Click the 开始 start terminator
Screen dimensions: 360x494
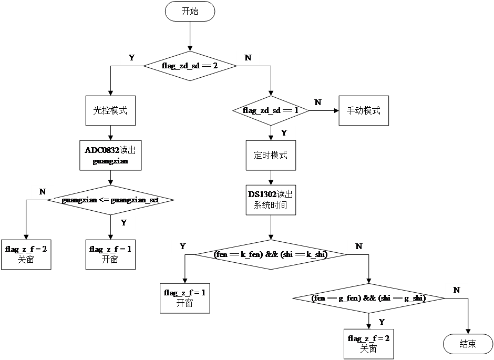coord(190,12)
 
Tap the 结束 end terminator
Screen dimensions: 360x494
coord(468,344)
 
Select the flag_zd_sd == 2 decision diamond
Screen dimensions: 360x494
coord(190,66)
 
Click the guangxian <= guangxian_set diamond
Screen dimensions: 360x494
coord(110,200)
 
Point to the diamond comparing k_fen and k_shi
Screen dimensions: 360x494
coord(271,255)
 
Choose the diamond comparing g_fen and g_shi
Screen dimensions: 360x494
coord(368,299)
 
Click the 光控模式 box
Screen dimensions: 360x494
coord(110,110)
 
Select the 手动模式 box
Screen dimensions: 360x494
coord(364,110)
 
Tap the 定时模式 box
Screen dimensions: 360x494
coord(271,155)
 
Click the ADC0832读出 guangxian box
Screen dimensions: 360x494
coord(110,156)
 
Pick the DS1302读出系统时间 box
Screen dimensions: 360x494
coord(271,200)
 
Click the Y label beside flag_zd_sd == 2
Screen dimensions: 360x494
coord(131,58)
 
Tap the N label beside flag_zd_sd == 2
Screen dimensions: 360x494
coord(248,58)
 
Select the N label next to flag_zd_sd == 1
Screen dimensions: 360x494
coord(318,102)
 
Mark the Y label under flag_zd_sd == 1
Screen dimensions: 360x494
coord(284,133)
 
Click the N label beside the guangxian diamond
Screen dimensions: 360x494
coord(43,192)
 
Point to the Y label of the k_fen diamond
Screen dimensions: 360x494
coord(183,246)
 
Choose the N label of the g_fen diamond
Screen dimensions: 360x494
coord(457,290)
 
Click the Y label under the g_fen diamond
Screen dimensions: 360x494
coord(382,322)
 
